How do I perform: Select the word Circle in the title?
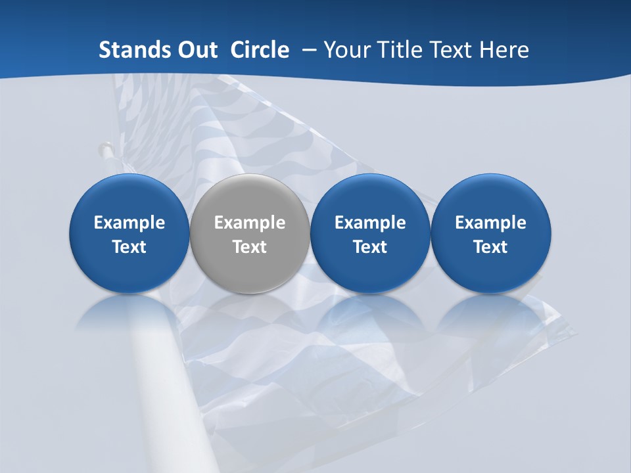pyautogui.click(x=260, y=50)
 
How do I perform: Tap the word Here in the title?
pyautogui.click(x=505, y=50)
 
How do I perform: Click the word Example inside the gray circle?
pyautogui.click(x=250, y=223)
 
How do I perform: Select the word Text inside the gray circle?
pyautogui.click(x=250, y=247)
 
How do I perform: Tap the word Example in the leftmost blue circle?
pyautogui.click(x=129, y=223)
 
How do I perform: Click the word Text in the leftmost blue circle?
pyautogui.click(x=129, y=247)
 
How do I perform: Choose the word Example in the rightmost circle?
pyautogui.click(x=490, y=223)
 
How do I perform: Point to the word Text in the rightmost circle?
pyautogui.click(x=490, y=247)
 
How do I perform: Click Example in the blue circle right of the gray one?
pyautogui.click(x=370, y=223)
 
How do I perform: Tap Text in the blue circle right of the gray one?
pyautogui.click(x=370, y=247)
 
